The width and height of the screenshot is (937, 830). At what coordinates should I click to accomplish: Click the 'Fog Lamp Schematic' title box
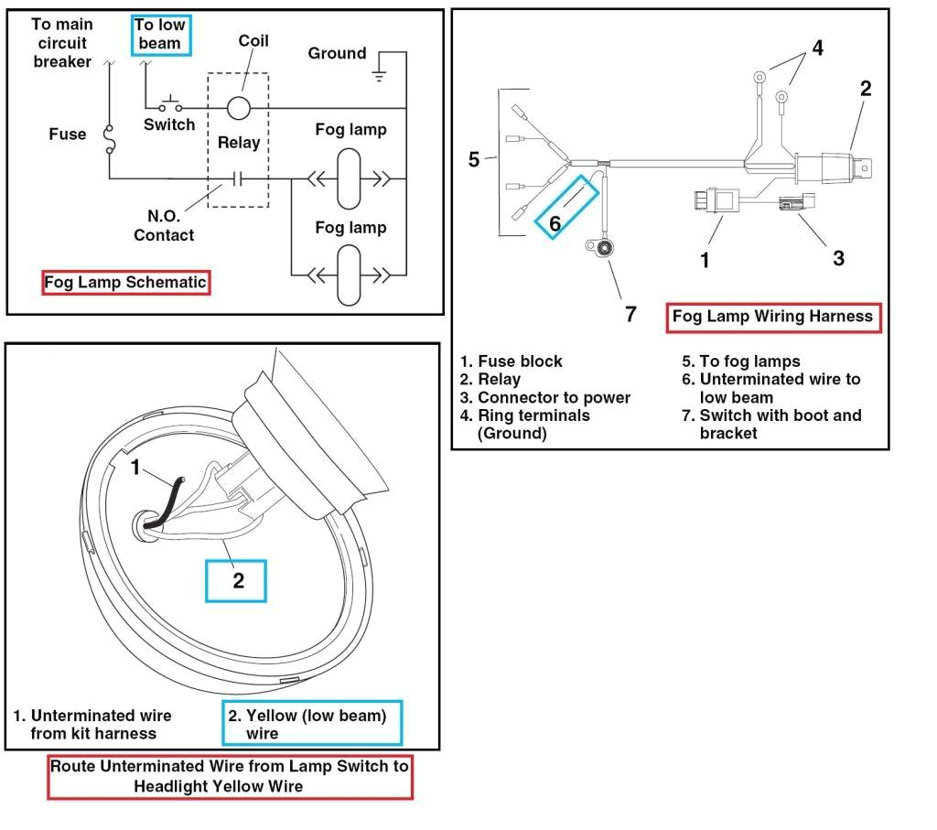[x=126, y=283]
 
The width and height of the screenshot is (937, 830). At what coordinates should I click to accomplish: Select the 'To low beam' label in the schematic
[x=159, y=35]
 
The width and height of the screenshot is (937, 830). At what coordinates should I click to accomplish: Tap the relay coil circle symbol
[x=239, y=107]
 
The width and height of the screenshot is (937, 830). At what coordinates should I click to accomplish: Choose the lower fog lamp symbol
[x=350, y=274]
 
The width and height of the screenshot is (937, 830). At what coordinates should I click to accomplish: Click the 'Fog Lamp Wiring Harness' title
[x=773, y=317]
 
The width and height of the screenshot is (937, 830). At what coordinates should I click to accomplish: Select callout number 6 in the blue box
[x=555, y=221]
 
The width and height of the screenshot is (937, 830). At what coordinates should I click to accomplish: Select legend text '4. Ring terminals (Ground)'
[x=525, y=424]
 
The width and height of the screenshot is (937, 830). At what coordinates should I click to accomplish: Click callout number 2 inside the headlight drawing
[x=238, y=580]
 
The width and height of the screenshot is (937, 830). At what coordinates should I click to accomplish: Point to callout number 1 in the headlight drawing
[x=135, y=469]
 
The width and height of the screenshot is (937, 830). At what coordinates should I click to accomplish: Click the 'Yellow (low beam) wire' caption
[x=311, y=724]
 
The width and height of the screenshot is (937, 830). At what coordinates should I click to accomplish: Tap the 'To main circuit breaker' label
[x=62, y=43]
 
